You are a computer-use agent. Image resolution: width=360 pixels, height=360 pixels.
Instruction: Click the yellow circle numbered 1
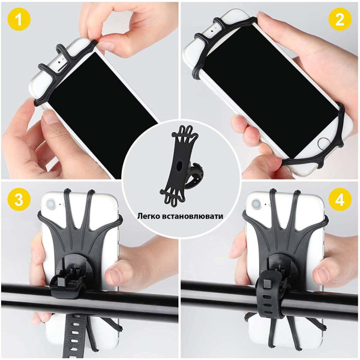pyautogui.click(x=19, y=19)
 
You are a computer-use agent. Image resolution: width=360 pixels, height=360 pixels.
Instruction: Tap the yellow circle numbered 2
pyautogui.click(x=340, y=20)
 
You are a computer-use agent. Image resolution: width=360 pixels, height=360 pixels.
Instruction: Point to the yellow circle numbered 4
pyautogui.click(x=340, y=200)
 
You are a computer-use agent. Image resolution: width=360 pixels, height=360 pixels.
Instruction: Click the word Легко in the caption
pyautogui.click(x=149, y=217)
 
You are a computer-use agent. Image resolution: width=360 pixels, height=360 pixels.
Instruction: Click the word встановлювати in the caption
pyautogui.click(x=193, y=217)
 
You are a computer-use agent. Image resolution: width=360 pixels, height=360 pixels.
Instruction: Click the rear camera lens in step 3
pyautogui.click(x=50, y=204)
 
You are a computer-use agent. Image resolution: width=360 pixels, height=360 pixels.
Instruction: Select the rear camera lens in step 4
pyautogui.click(x=256, y=203)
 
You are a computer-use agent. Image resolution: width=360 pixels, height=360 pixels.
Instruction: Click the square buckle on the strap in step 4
pyautogui.click(x=267, y=284)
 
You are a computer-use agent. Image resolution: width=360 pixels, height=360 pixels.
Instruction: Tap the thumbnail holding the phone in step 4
pyautogui.click(x=323, y=274)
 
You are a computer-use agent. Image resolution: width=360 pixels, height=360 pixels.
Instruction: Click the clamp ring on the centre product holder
pyautogui.click(x=195, y=176)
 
